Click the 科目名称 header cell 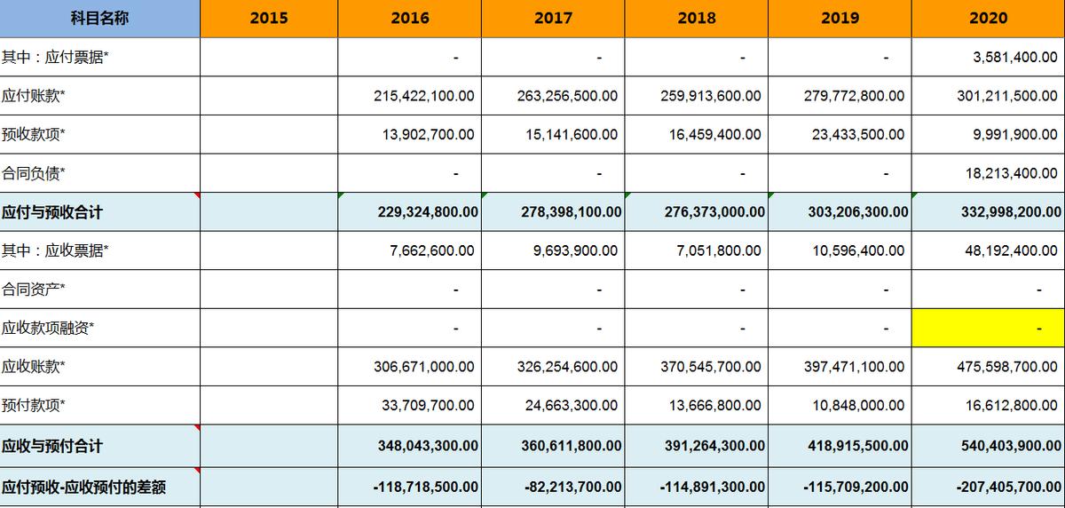click(99, 19)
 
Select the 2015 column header click(269, 19)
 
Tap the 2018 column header click(697, 19)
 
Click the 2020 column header click(988, 19)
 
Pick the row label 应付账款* click(34, 96)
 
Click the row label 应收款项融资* click(48, 328)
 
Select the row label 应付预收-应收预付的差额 click(84, 488)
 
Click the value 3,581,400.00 click(1010, 58)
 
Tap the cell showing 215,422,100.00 click(424, 96)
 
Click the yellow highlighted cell click(988, 328)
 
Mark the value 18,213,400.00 click(1012, 173)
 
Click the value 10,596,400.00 click(858, 251)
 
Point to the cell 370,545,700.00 click(711, 366)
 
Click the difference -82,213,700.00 click(571, 488)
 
